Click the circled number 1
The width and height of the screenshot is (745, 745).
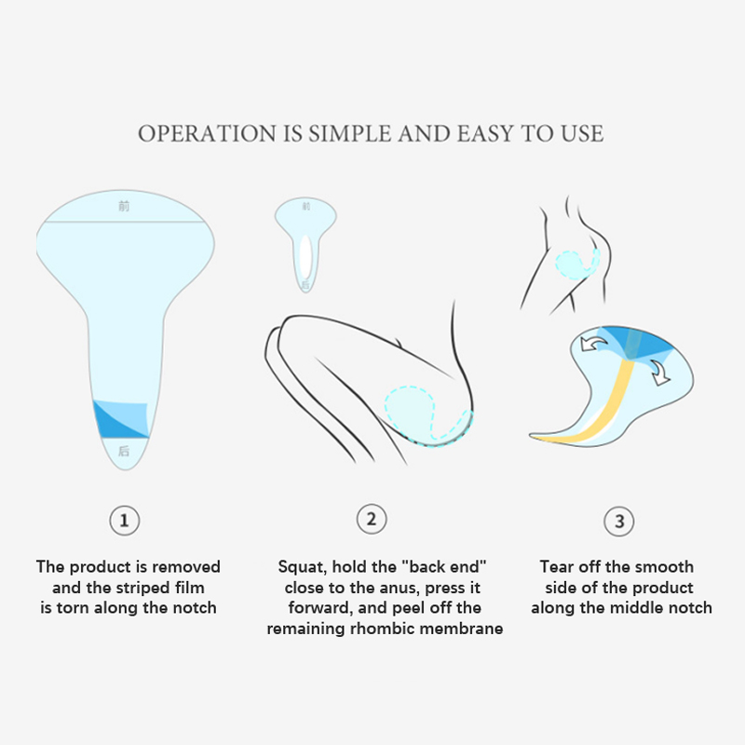125,521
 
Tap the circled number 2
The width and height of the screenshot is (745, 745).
372,519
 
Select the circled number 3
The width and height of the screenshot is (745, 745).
619,521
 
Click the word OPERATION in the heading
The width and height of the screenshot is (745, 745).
207,133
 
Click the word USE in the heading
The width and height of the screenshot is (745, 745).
582,133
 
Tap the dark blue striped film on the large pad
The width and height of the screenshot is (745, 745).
122,419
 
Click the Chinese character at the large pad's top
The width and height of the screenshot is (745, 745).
124,206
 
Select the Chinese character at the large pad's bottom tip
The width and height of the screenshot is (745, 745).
124,451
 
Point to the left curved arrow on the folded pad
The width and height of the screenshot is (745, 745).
593,343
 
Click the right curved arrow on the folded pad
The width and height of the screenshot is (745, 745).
659,372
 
